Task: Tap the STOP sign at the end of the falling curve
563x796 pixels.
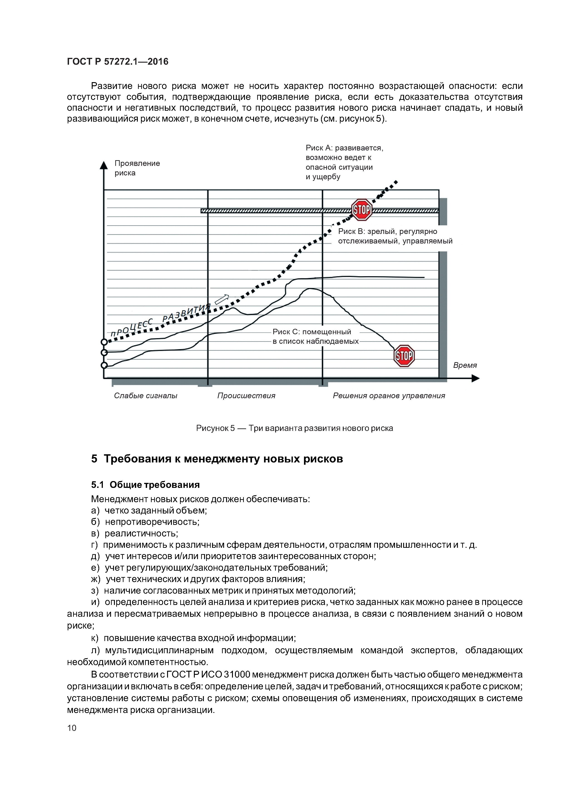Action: coord(404,356)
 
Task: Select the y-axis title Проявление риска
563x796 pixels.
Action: coord(137,168)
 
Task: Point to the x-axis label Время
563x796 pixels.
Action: coord(465,365)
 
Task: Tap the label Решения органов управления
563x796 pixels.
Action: coord(388,396)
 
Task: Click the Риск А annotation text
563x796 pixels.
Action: coord(344,162)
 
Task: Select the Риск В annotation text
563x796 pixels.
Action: coord(395,236)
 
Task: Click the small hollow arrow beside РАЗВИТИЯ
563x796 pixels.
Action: coord(222,299)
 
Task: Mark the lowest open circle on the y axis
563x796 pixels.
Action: coord(104,365)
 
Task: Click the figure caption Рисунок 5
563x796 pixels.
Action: coord(294,428)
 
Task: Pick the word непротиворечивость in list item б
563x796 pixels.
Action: coord(152,522)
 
